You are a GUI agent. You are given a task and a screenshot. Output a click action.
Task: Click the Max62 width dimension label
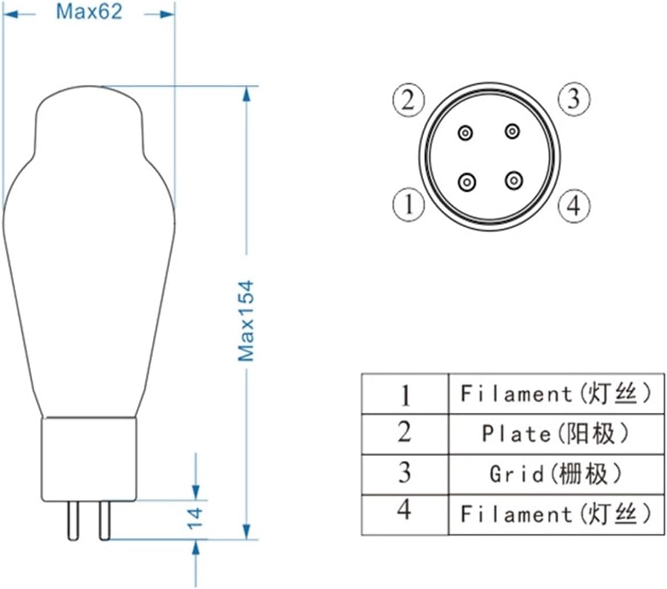tap(89, 12)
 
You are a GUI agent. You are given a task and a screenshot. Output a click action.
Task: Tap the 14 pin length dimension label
tap(195, 517)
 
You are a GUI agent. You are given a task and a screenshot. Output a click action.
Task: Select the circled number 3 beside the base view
tap(573, 100)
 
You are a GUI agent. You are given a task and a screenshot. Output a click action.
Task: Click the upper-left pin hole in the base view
tap(466, 133)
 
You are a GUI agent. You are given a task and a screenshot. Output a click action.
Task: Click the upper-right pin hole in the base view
tap(513, 132)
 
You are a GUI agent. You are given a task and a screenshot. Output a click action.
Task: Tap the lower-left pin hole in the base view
tap(467, 182)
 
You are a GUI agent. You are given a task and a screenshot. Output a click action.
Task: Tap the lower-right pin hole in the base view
tap(514, 181)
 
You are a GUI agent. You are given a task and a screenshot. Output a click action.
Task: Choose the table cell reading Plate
tap(556, 434)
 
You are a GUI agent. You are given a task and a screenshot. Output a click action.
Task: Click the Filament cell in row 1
tap(556, 393)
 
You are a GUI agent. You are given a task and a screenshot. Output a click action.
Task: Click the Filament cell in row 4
tap(556, 515)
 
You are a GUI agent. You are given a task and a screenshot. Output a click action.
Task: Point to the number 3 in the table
tap(404, 473)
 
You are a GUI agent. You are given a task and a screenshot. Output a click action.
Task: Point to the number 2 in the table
tap(404, 433)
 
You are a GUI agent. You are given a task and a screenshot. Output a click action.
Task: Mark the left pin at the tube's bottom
tap(72, 521)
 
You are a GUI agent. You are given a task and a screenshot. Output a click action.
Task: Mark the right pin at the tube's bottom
tap(104, 521)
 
